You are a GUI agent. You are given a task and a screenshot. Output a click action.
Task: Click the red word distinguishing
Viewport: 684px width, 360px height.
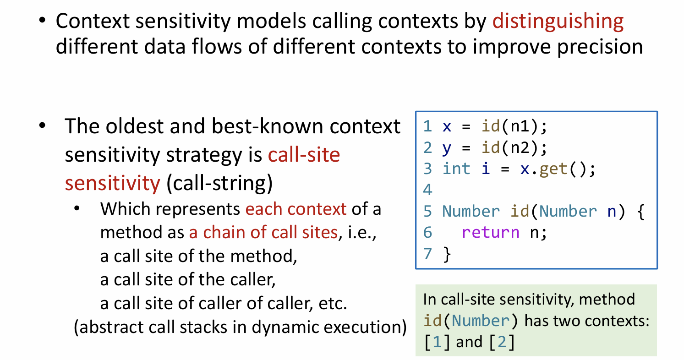coord(558,22)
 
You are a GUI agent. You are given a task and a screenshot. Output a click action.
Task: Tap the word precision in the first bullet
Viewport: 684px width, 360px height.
coord(600,47)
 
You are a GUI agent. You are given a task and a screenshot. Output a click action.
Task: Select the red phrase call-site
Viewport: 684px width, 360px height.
coord(304,154)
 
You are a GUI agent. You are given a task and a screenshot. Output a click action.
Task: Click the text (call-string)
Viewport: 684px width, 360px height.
coord(219,183)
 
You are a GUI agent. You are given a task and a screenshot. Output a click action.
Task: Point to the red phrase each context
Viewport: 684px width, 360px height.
coord(296,209)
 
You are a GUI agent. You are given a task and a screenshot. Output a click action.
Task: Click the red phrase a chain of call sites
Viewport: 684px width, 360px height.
coord(263,232)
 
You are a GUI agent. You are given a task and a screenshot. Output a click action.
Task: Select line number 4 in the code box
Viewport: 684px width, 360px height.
coord(427,190)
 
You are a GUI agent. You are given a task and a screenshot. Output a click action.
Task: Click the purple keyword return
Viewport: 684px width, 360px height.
coord(490,233)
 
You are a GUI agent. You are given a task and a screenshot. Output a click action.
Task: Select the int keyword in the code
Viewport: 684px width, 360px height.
coord(456,169)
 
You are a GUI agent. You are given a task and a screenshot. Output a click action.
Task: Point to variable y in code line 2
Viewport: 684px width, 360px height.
coord(447,149)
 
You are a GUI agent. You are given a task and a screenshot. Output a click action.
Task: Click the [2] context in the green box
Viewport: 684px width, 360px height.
coord(502,342)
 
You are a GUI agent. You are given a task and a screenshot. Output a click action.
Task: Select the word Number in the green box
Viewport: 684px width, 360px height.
coord(481,321)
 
